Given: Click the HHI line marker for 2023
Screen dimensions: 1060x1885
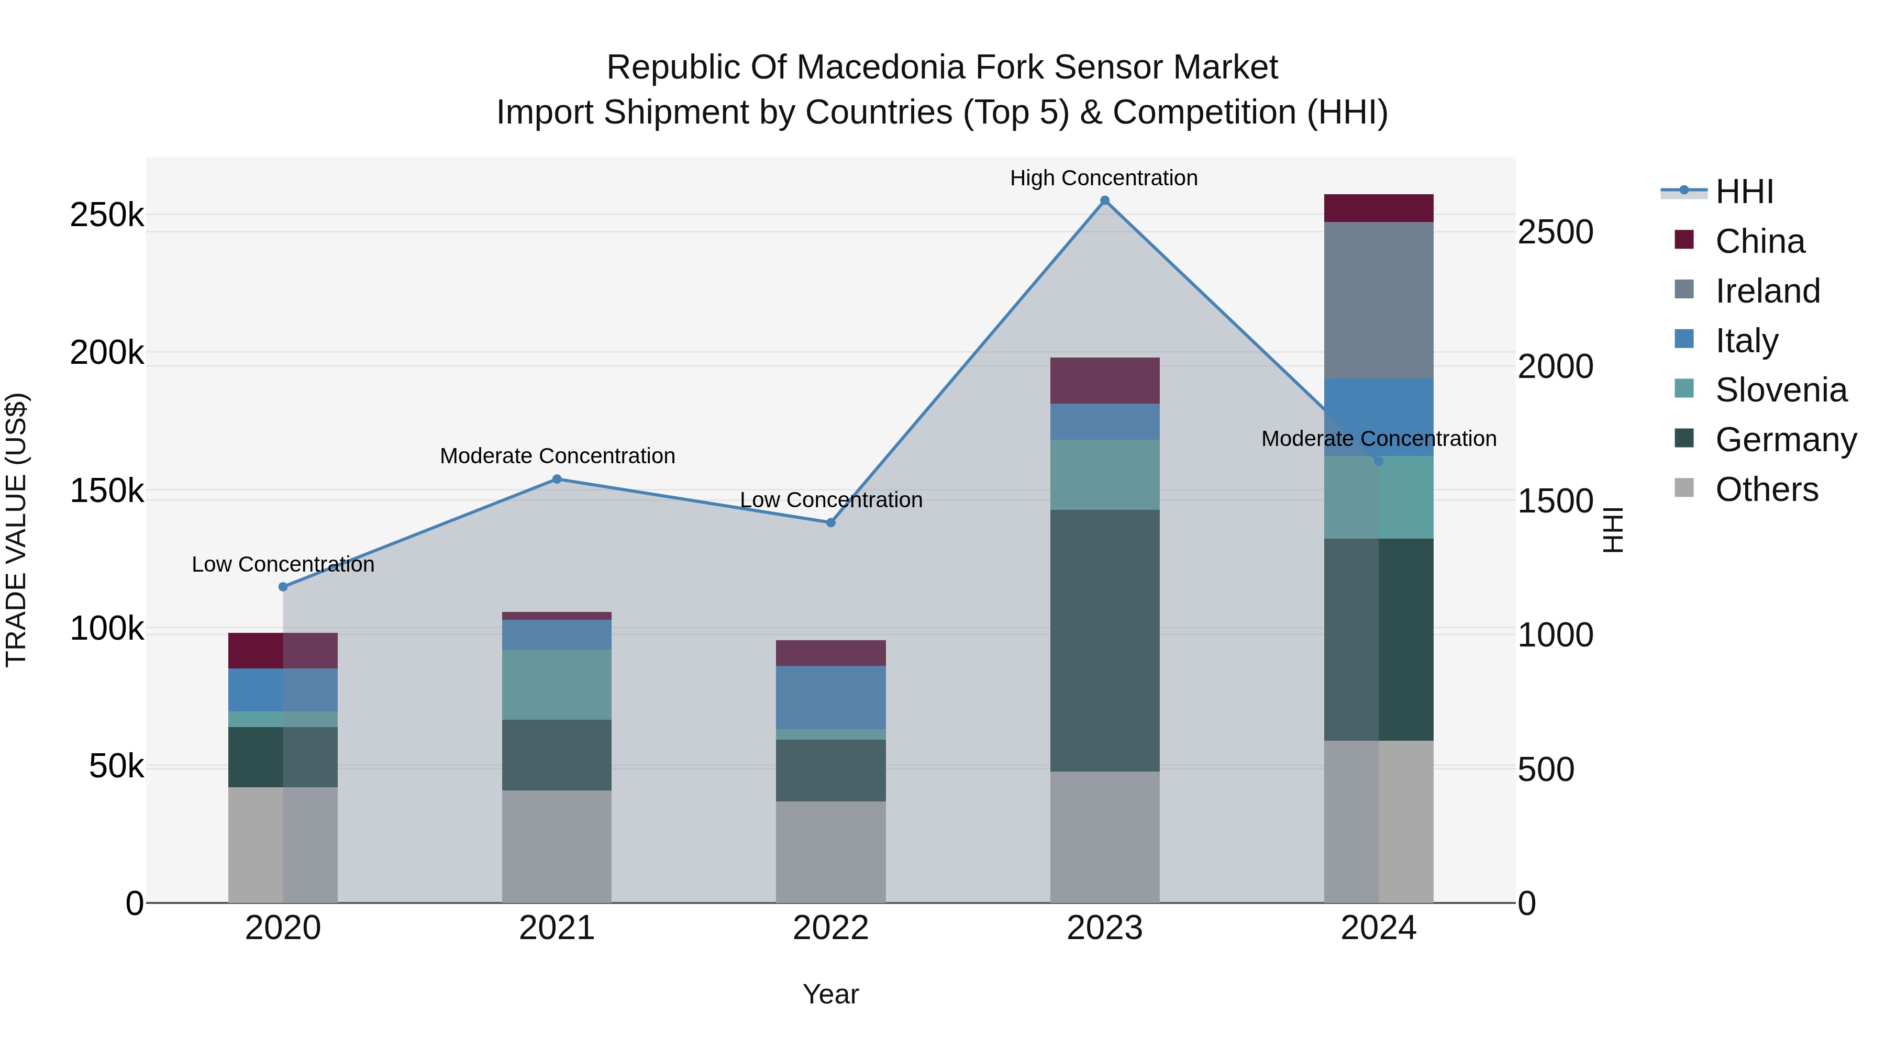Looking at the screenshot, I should point(1105,200).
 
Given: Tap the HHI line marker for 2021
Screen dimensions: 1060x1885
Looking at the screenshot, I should point(557,479).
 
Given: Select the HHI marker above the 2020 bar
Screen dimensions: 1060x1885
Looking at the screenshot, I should point(283,587).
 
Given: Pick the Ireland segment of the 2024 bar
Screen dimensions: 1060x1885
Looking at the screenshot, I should point(1379,300).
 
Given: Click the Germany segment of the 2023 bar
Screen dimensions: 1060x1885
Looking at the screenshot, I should point(1105,640).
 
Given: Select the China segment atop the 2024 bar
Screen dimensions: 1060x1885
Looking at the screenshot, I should point(1379,208).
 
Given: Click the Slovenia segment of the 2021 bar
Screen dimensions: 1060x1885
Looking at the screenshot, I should point(557,684).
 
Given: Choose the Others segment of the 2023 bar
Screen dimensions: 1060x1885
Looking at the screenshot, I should point(1105,837).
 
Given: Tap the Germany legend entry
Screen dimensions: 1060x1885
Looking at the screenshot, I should point(1786,440).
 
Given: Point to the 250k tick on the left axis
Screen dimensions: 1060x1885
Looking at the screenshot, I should point(107,215).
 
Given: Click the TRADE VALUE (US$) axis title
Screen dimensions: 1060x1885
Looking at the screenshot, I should point(16,530).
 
